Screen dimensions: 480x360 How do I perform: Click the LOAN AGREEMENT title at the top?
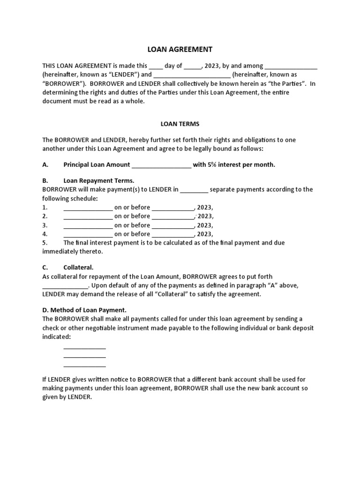(180, 49)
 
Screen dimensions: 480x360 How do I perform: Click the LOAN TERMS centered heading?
(180, 124)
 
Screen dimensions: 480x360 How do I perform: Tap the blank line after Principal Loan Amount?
(162, 165)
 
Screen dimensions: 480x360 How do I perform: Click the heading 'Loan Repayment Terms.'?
(99, 180)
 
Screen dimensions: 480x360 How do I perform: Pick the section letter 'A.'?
(45, 165)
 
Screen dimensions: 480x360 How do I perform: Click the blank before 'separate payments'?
(194, 190)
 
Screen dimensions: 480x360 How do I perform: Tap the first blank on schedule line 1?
(88, 208)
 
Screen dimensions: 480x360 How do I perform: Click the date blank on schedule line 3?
(173, 225)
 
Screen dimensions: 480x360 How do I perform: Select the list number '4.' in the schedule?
(45, 234)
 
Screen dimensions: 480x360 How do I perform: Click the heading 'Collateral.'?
(78, 268)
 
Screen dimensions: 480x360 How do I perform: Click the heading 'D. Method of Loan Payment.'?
(84, 310)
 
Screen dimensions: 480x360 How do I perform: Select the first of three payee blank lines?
(84, 347)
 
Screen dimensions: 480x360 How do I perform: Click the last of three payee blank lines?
(84, 365)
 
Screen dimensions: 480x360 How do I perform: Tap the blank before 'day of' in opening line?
(156, 66)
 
